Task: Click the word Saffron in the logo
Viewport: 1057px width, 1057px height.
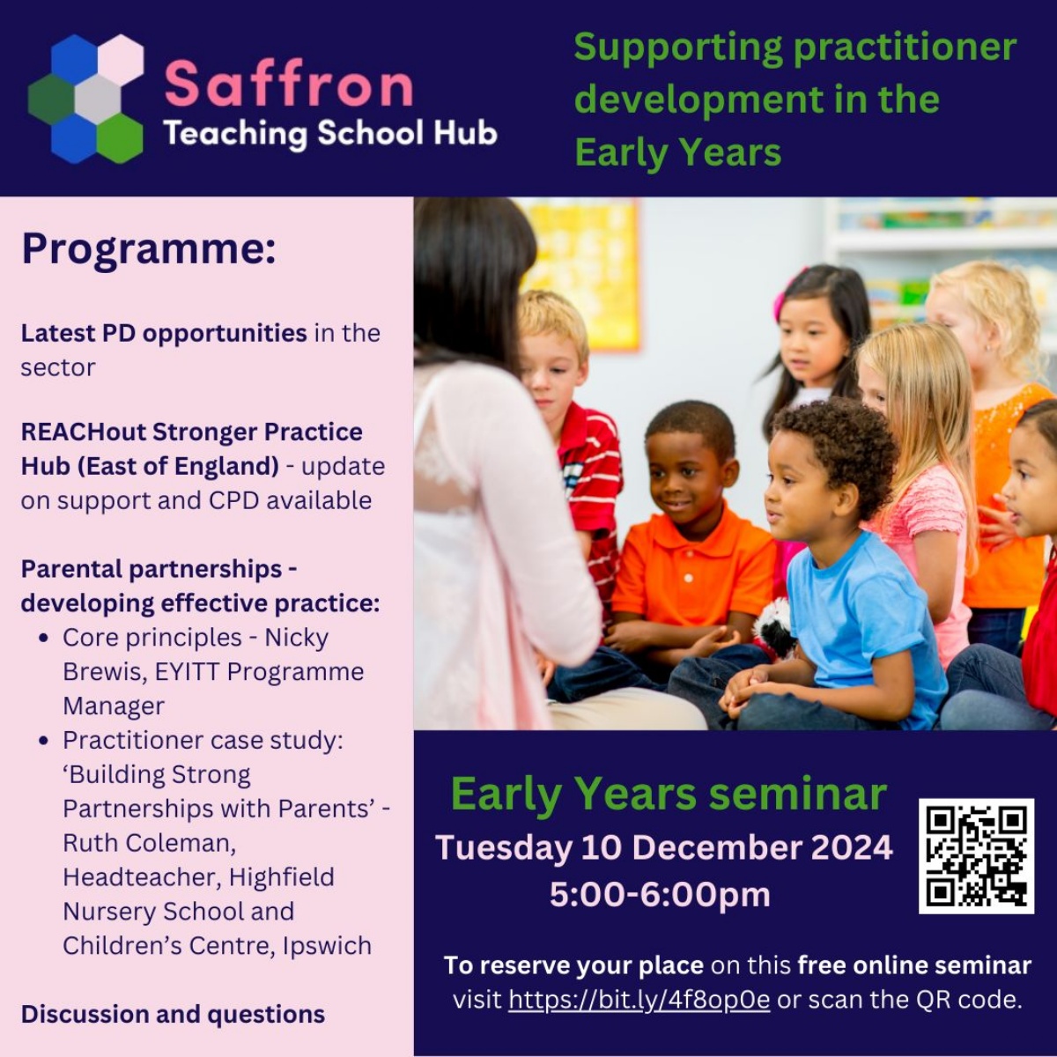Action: (289, 84)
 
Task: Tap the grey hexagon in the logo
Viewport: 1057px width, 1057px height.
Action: (97, 98)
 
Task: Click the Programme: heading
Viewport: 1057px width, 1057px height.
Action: (149, 248)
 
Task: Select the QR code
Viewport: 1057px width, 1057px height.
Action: (976, 855)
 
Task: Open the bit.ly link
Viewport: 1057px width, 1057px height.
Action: (639, 1000)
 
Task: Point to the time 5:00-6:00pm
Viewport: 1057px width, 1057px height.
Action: (660, 894)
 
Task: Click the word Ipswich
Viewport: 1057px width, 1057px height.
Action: (327, 946)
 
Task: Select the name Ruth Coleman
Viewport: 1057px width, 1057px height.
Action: (148, 843)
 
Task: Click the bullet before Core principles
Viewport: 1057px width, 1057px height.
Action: (44, 638)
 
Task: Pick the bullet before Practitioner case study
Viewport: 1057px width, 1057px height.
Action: (44, 741)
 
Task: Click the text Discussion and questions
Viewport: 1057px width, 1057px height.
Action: (173, 1015)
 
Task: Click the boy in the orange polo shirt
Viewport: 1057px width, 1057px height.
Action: (691, 546)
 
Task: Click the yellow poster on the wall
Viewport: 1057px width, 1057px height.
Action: (585, 264)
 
